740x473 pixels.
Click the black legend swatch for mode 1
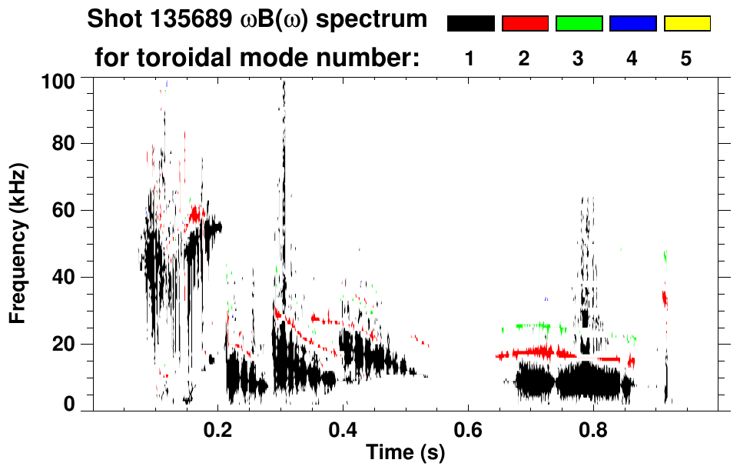coord(470,24)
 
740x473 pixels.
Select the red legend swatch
coord(525,24)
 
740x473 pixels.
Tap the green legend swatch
coord(579,24)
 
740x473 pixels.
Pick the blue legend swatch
coord(632,24)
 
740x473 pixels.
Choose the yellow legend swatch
coord(687,24)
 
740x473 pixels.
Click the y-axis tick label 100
coord(58,79)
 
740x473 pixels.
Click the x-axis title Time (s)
coord(405,454)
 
